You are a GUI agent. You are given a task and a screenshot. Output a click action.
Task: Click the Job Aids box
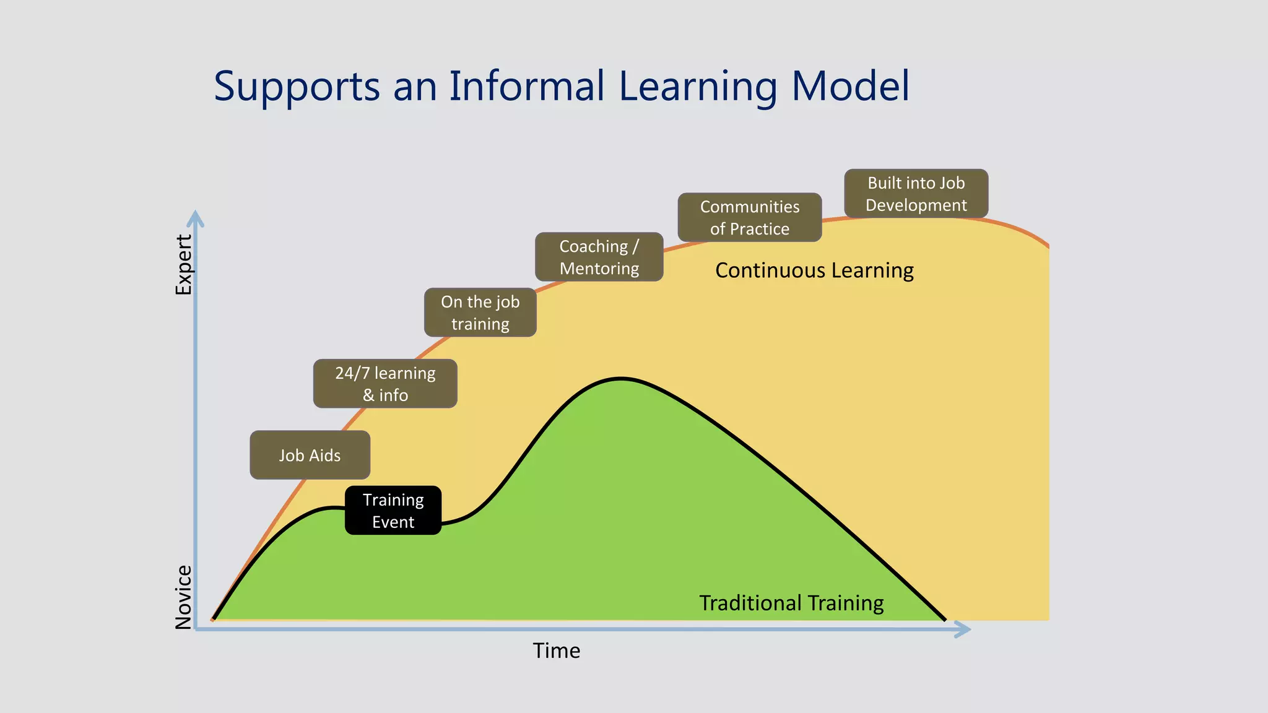(x=310, y=455)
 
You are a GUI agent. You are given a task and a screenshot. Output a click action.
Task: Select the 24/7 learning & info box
(x=385, y=384)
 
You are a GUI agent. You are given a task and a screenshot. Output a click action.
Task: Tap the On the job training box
(x=480, y=313)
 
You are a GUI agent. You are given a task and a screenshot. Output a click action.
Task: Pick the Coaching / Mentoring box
(x=599, y=257)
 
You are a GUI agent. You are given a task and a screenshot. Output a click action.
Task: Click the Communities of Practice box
(x=749, y=217)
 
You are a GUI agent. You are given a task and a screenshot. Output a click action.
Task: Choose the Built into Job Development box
(x=916, y=194)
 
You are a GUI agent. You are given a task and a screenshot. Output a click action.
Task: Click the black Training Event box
(x=393, y=511)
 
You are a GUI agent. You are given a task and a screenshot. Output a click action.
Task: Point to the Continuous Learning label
(x=814, y=270)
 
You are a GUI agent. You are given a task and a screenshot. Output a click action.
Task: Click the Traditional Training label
(x=791, y=603)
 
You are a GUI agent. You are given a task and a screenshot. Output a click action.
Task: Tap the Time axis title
(x=557, y=650)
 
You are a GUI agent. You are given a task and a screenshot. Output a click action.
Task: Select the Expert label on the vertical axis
(x=184, y=264)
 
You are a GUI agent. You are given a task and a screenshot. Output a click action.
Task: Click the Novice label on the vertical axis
(x=184, y=597)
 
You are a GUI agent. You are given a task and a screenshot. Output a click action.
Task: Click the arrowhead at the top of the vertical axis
(x=196, y=217)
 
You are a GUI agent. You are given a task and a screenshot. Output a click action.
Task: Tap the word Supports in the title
(x=297, y=87)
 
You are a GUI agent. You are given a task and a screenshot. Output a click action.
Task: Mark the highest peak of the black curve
(x=620, y=378)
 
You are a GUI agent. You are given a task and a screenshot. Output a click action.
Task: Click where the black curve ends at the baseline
(x=944, y=620)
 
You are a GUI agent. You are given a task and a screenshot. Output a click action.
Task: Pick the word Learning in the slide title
(x=698, y=87)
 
